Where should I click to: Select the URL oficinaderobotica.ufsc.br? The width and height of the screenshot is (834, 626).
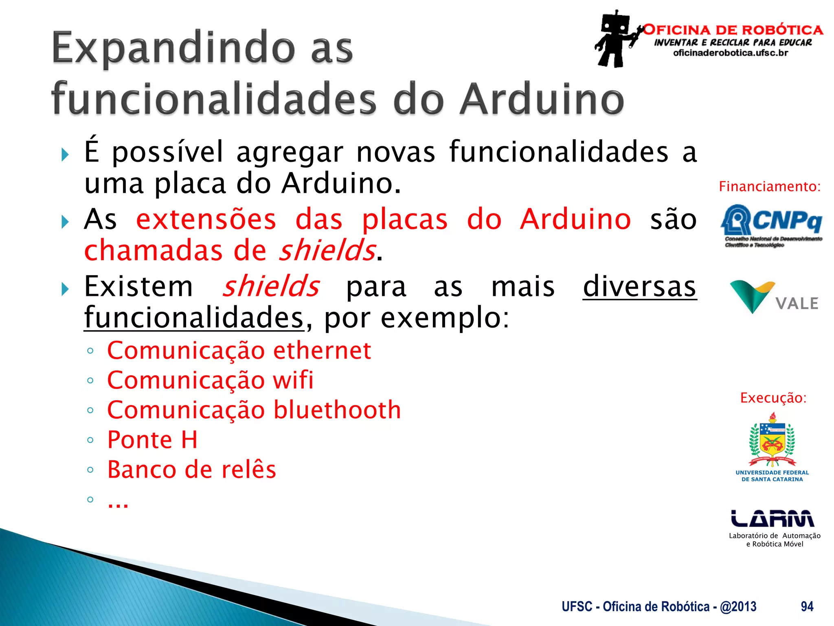731,53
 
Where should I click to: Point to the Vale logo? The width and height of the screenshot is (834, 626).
774,297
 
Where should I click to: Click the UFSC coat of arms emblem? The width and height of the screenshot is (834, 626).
772,441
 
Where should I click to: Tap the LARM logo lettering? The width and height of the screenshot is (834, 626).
772,518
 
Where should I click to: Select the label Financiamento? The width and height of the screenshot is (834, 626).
769,187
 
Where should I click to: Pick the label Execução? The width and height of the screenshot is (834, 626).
773,398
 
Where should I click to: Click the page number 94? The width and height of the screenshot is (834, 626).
807,606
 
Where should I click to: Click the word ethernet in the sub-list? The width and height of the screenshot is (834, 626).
322,350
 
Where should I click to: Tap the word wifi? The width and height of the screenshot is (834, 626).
293,380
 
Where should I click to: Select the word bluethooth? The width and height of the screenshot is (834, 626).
337,410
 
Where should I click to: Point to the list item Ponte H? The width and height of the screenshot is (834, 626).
152,440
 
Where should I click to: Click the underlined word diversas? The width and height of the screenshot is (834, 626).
639,287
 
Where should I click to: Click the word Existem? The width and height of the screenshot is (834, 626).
138,287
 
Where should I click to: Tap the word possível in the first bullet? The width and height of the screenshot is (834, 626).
168,152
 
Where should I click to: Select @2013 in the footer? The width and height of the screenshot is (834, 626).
738,606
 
